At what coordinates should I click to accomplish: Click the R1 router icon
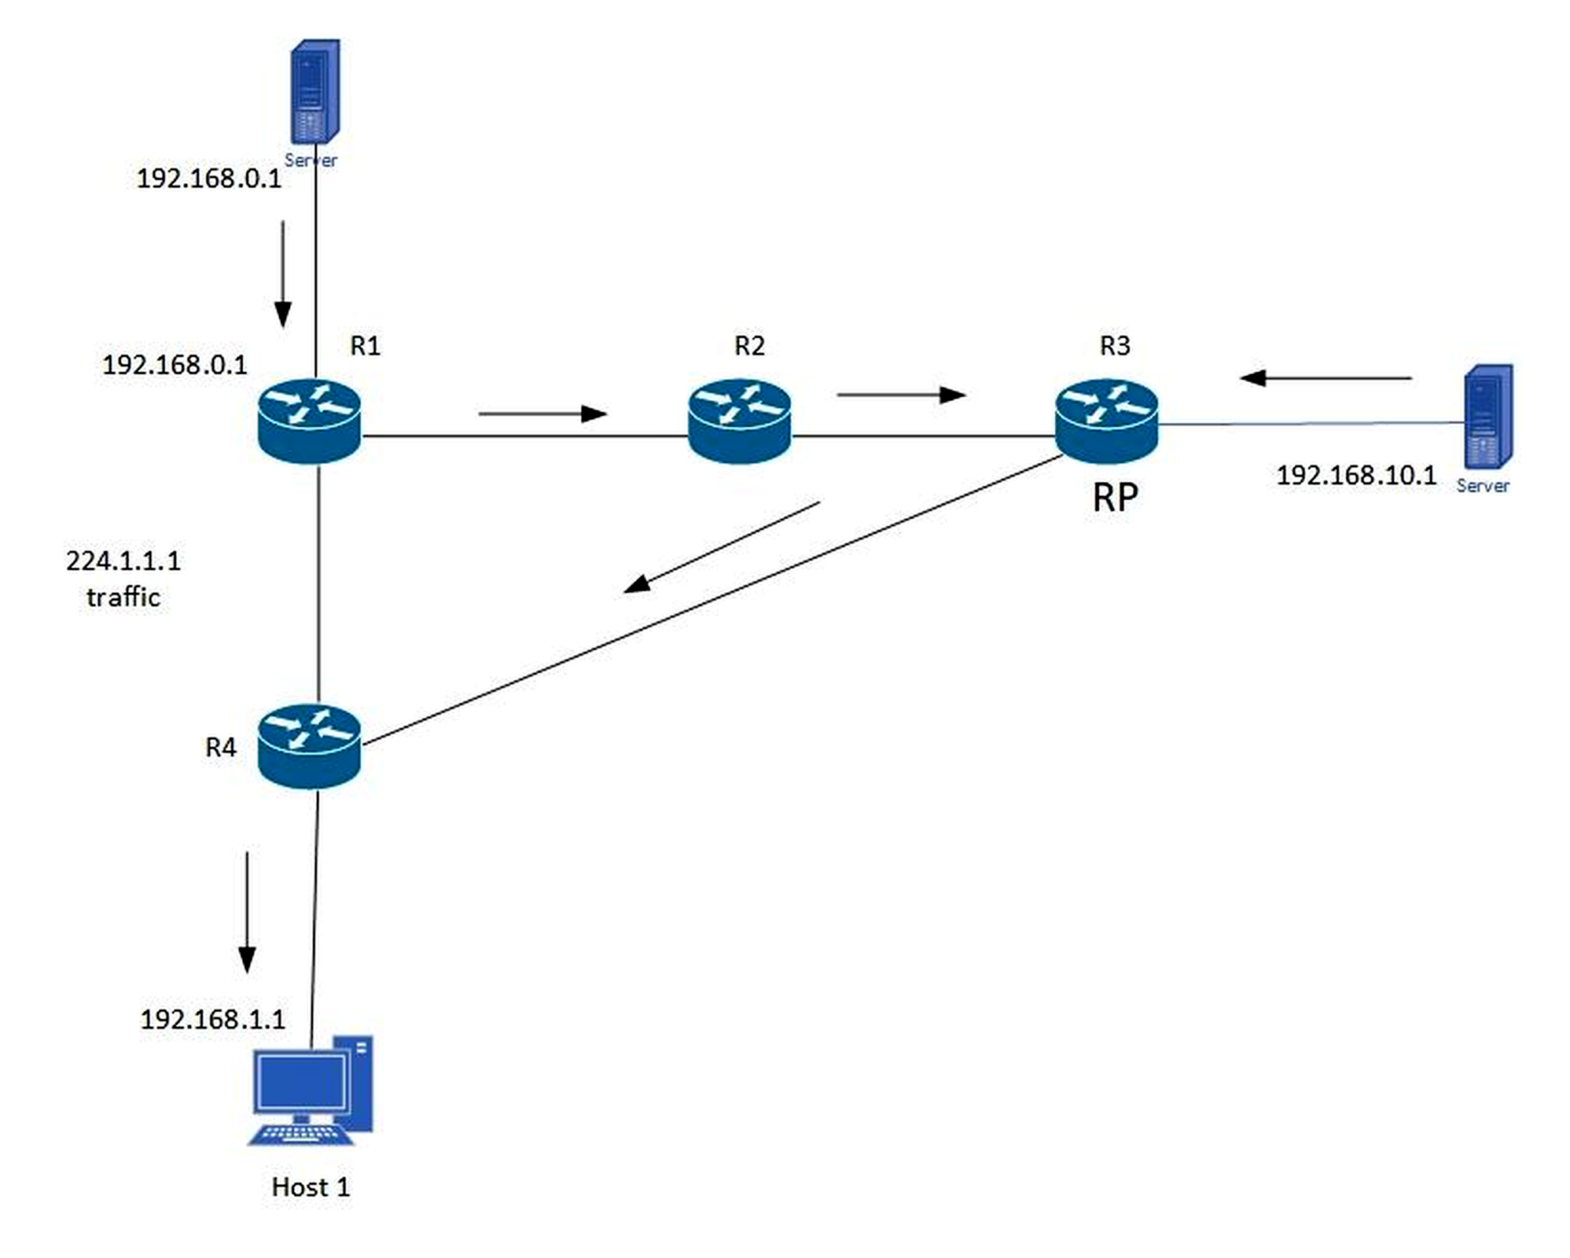tap(309, 421)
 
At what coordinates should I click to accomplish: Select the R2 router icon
tap(739, 421)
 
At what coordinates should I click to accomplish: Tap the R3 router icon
tap(1106, 421)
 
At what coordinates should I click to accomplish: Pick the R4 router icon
tap(309, 746)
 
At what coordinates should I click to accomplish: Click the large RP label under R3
tap(1115, 498)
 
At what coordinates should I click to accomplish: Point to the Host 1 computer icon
tap(310, 1090)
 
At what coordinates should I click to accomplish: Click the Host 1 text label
tap(310, 1187)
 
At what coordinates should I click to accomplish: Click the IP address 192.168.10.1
tap(1356, 475)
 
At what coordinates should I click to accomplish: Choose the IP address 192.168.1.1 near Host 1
tap(212, 1020)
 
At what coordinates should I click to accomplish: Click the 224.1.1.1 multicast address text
tap(123, 561)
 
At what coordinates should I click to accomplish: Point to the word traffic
tap(123, 596)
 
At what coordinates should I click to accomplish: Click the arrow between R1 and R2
tap(543, 414)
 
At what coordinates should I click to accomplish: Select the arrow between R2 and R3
tap(902, 395)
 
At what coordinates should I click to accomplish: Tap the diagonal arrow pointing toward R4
tap(722, 547)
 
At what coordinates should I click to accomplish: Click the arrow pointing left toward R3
tap(1325, 378)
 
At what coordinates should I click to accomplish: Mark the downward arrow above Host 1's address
tap(247, 912)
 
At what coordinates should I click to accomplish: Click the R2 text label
tap(750, 346)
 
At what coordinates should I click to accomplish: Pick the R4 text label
tap(221, 747)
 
